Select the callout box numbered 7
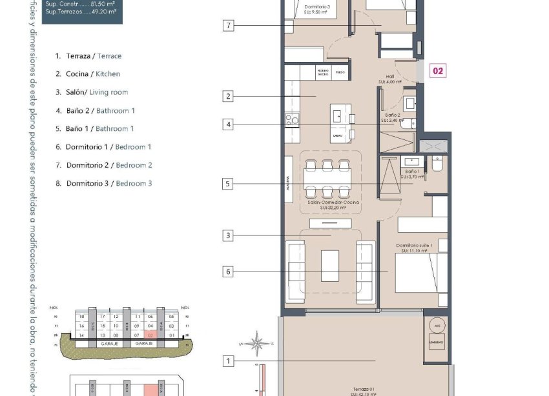click(227, 26)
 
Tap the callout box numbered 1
click(227, 361)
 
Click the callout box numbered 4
click(227, 124)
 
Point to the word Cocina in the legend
click(78, 74)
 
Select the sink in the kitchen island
click(338, 116)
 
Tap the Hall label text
click(390, 77)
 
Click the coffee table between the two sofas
click(330, 265)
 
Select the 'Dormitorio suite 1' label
click(413, 246)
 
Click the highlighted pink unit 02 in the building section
click(150, 335)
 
